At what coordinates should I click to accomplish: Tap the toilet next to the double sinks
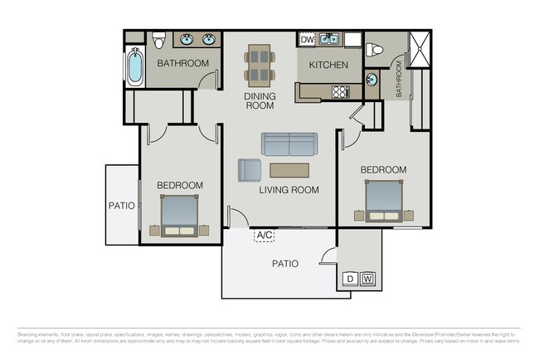(159, 38)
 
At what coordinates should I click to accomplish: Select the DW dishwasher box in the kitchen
(307, 39)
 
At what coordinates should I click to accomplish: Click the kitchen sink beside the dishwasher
(329, 38)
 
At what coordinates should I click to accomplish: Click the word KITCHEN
(329, 65)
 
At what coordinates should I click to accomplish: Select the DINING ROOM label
(259, 101)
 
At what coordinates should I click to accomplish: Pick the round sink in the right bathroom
(370, 80)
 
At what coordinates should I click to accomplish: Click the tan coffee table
(289, 170)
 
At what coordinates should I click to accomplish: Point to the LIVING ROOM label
(289, 190)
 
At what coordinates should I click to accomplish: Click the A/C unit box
(265, 236)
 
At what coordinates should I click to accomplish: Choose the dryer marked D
(351, 278)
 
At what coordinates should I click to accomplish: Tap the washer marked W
(368, 278)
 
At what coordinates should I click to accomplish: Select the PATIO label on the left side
(121, 206)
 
